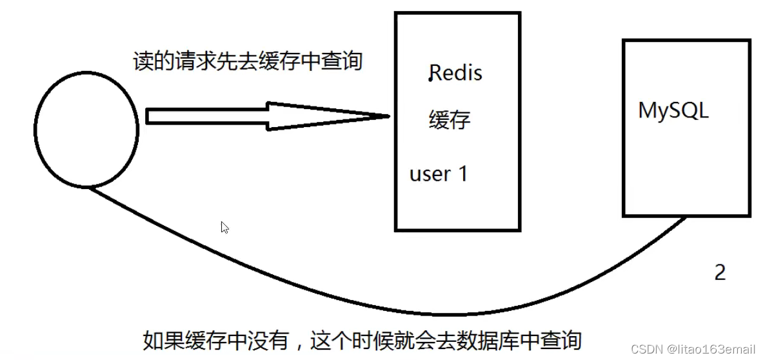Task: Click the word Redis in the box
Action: pos(457,73)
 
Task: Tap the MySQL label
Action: pos(673,110)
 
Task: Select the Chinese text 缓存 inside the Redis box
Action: pos(450,120)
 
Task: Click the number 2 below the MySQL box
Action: pos(720,272)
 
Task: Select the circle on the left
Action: pos(86,129)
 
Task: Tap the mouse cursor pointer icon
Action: pos(224,227)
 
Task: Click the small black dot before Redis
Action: pos(430,79)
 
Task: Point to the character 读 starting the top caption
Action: pos(142,61)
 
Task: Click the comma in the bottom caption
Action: pos(301,342)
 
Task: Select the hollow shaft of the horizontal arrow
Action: pos(206,116)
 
